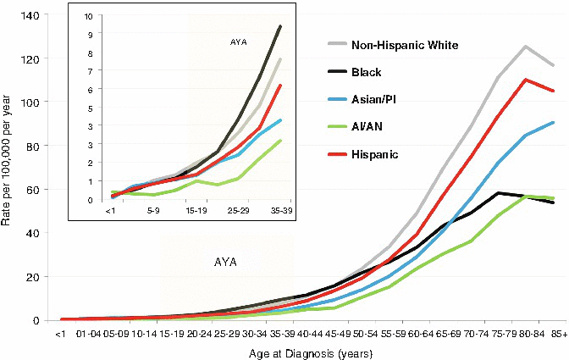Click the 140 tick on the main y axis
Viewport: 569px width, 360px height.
click(x=41, y=15)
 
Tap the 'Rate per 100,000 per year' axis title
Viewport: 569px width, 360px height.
click(x=10, y=167)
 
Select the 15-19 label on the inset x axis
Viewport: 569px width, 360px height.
click(x=197, y=208)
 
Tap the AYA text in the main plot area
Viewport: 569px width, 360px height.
click(x=225, y=262)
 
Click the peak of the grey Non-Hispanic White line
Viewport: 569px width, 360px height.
click(x=526, y=47)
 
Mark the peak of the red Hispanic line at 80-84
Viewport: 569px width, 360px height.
click(x=526, y=80)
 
